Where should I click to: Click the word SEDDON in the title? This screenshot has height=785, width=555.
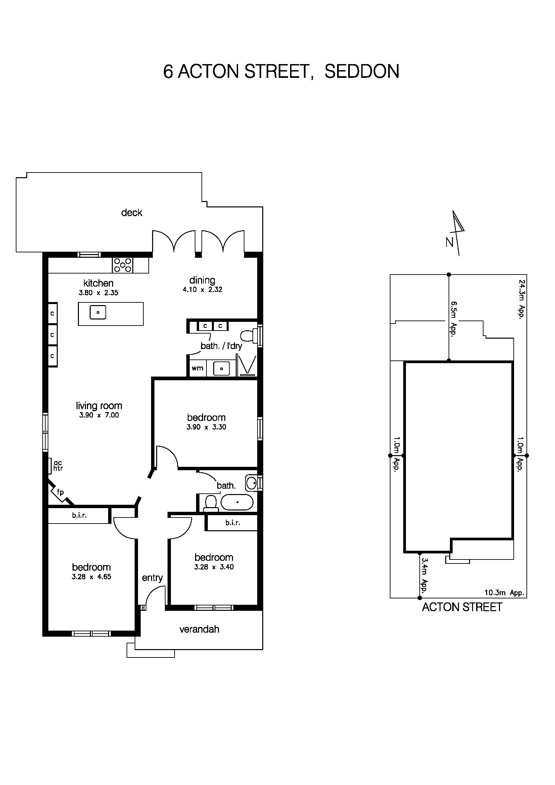(x=362, y=71)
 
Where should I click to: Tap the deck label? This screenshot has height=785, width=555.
(x=132, y=213)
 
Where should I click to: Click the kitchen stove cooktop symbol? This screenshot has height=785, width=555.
(x=123, y=265)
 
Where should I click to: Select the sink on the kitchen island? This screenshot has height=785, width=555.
(x=98, y=312)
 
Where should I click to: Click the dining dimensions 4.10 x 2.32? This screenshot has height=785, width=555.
(x=202, y=290)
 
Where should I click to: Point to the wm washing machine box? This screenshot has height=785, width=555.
(x=197, y=368)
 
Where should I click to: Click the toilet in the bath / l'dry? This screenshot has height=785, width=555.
(x=249, y=336)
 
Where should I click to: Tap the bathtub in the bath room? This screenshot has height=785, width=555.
(x=237, y=502)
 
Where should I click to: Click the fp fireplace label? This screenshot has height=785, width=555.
(x=60, y=492)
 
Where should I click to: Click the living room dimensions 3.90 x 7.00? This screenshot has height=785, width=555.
(x=99, y=415)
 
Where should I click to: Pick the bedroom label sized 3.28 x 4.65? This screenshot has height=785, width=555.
(x=91, y=567)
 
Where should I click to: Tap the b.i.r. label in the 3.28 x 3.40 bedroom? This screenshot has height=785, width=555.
(x=233, y=523)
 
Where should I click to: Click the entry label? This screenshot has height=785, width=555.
(x=152, y=578)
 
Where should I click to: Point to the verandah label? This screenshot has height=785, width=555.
(x=199, y=629)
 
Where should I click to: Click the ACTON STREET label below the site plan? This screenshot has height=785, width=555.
(x=462, y=607)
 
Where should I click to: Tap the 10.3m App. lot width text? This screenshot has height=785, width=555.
(x=504, y=593)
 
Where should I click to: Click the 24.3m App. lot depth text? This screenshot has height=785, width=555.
(x=521, y=299)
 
